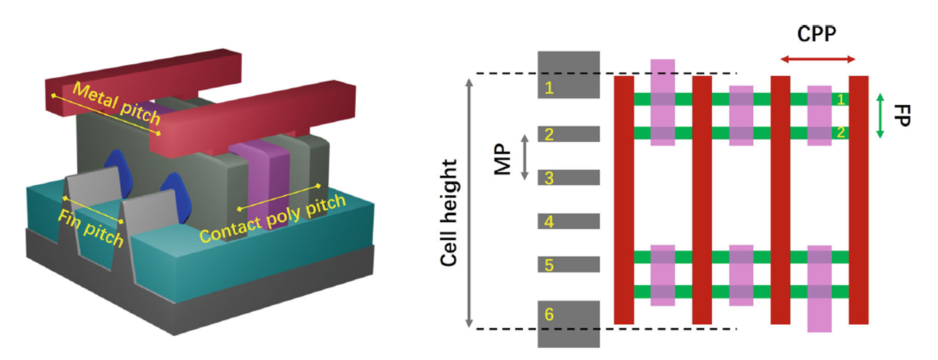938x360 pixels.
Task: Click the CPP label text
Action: (817, 34)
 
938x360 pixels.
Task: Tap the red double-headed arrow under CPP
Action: (818, 59)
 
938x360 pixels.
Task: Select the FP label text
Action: (902, 116)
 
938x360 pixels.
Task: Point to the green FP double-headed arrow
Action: (880, 116)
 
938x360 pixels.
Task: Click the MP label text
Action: (503, 159)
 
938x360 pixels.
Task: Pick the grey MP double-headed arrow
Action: (524, 157)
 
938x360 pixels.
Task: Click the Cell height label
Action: (449, 212)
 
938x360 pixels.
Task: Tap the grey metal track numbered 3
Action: (568, 177)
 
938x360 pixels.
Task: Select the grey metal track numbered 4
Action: (568, 221)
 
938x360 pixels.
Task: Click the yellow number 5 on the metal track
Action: (549, 265)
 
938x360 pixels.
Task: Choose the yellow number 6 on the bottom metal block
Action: (549, 314)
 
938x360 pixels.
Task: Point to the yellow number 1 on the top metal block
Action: (549, 88)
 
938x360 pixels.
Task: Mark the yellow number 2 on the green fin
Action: (841, 132)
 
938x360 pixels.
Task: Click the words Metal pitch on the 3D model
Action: (117, 103)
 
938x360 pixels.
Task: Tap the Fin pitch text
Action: (91, 228)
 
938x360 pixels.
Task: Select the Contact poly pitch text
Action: (272, 219)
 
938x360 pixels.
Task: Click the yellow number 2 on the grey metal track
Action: (549, 134)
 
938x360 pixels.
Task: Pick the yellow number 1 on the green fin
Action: (841, 99)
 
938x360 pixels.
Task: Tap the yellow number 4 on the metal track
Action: (549, 221)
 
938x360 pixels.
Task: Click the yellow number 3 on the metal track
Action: (549, 178)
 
